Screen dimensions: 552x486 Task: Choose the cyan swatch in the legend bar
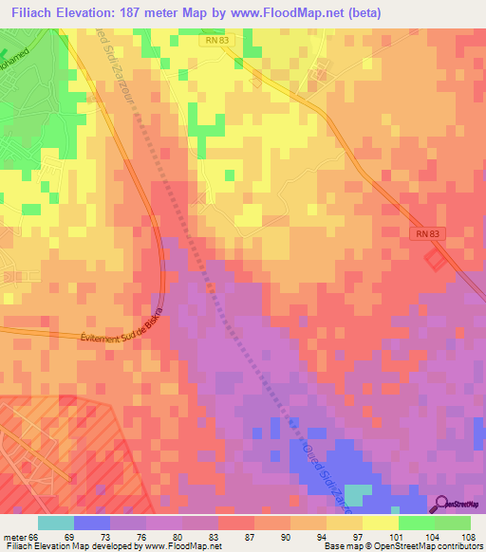(56, 523)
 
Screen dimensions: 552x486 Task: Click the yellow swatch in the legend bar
(381, 523)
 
